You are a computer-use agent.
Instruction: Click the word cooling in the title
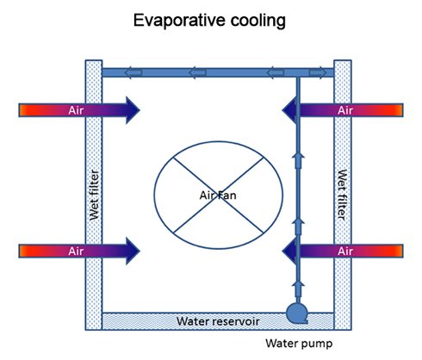pyautogui.click(x=258, y=21)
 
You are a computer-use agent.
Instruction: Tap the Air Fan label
pyautogui.click(x=218, y=196)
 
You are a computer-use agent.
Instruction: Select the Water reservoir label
pyautogui.click(x=218, y=320)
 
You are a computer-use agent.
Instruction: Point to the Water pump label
pyautogui.click(x=299, y=343)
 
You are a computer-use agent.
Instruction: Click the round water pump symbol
pyautogui.click(x=297, y=313)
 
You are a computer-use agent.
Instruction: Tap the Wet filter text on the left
pyautogui.click(x=94, y=195)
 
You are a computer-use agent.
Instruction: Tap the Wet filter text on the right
pyautogui.click(x=342, y=195)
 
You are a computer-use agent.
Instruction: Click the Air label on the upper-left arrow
pyautogui.click(x=76, y=110)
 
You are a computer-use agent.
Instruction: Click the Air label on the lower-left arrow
pyautogui.click(x=76, y=251)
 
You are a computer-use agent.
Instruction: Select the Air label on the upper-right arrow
pyautogui.click(x=345, y=110)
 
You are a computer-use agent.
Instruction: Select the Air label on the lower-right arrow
pyautogui.click(x=345, y=251)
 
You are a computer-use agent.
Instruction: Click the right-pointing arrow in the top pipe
pyautogui.click(x=318, y=72)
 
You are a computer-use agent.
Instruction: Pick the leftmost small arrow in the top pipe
pyautogui.click(x=133, y=72)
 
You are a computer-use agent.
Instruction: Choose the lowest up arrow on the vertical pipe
pyautogui.click(x=298, y=290)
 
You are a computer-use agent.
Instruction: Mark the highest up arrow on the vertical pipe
pyautogui.click(x=298, y=160)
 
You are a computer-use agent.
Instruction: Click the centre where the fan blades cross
pyautogui.click(x=219, y=196)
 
